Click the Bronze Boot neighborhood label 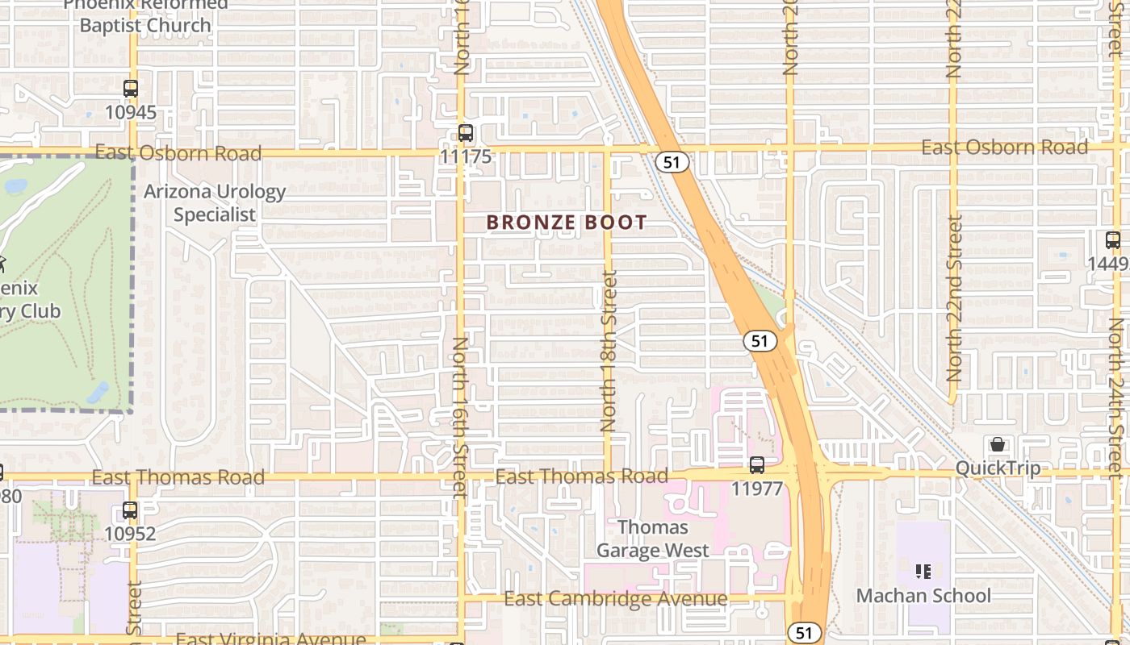click(567, 223)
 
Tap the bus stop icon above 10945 click(131, 89)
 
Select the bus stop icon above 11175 click(466, 133)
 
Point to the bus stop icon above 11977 click(757, 465)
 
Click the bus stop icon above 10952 click(130, 510)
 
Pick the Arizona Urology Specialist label click(215, 203)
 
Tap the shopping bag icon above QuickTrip click(998, 445)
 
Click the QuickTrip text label click(998, 468)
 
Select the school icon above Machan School click(924, 572)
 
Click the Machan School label click(923, 596)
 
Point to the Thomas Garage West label click(652, 539)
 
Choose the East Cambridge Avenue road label click(615, 599)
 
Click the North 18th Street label click(609, 351)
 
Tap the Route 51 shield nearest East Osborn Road click(672, 162)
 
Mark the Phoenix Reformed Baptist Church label click(145, 16)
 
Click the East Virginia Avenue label click(270, 639)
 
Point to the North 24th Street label click(1116, 395)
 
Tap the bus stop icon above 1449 click(1113, 240)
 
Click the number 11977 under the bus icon click(757, 489)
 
